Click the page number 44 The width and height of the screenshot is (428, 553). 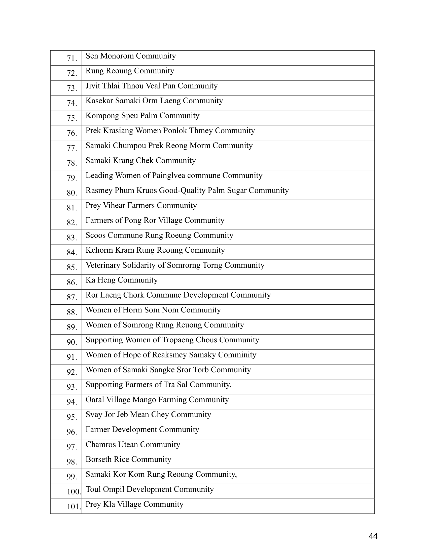373,536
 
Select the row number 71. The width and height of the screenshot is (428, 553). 72,59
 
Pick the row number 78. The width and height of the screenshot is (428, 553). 72,163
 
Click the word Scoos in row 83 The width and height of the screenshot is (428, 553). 95,235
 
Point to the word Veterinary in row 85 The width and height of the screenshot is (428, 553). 103,265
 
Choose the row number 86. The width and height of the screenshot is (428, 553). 72,283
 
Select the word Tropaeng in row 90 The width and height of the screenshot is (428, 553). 177,340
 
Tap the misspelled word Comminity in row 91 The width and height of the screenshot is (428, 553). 237,355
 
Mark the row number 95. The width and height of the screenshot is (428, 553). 72,417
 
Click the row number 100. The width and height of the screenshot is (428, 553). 74,492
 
